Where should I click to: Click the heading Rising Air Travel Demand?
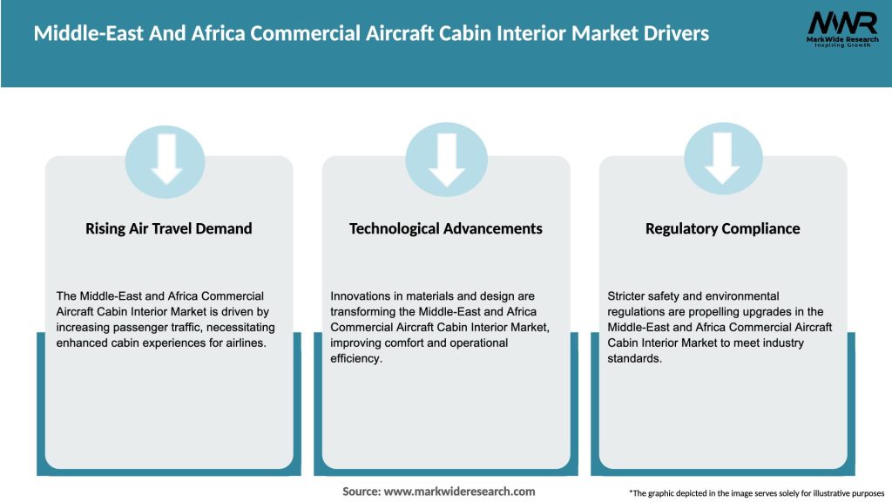tap(168, 228)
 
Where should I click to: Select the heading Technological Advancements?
tap(445, 228)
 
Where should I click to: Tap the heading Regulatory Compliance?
tap(722, 228)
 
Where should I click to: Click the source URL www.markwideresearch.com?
tap(459, 492)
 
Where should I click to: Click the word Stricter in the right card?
tap(628, 296)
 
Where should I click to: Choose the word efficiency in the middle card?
tap(355, 358)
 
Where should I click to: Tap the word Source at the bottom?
tap(361, 492)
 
